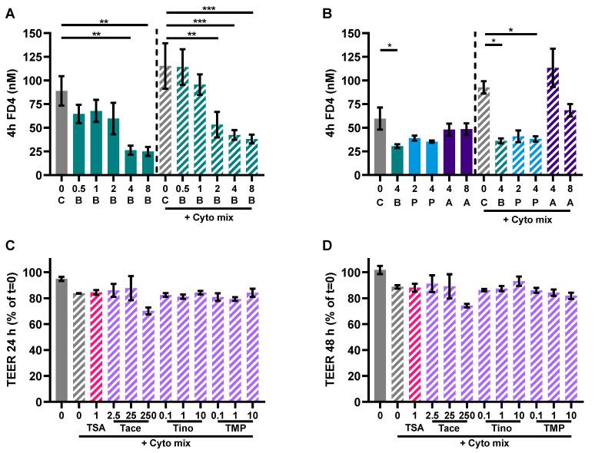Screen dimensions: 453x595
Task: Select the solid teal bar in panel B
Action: (397, 160)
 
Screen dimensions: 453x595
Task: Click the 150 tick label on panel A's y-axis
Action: (31, 33)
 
